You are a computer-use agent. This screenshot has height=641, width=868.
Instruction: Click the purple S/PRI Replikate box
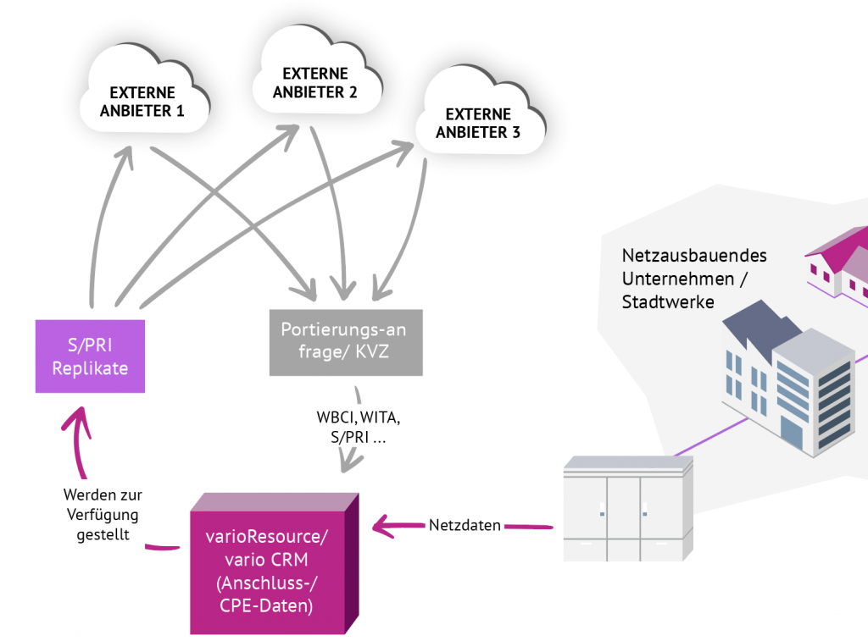click(90, 356)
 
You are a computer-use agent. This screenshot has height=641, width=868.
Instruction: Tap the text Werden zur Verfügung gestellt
click(102, 514)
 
